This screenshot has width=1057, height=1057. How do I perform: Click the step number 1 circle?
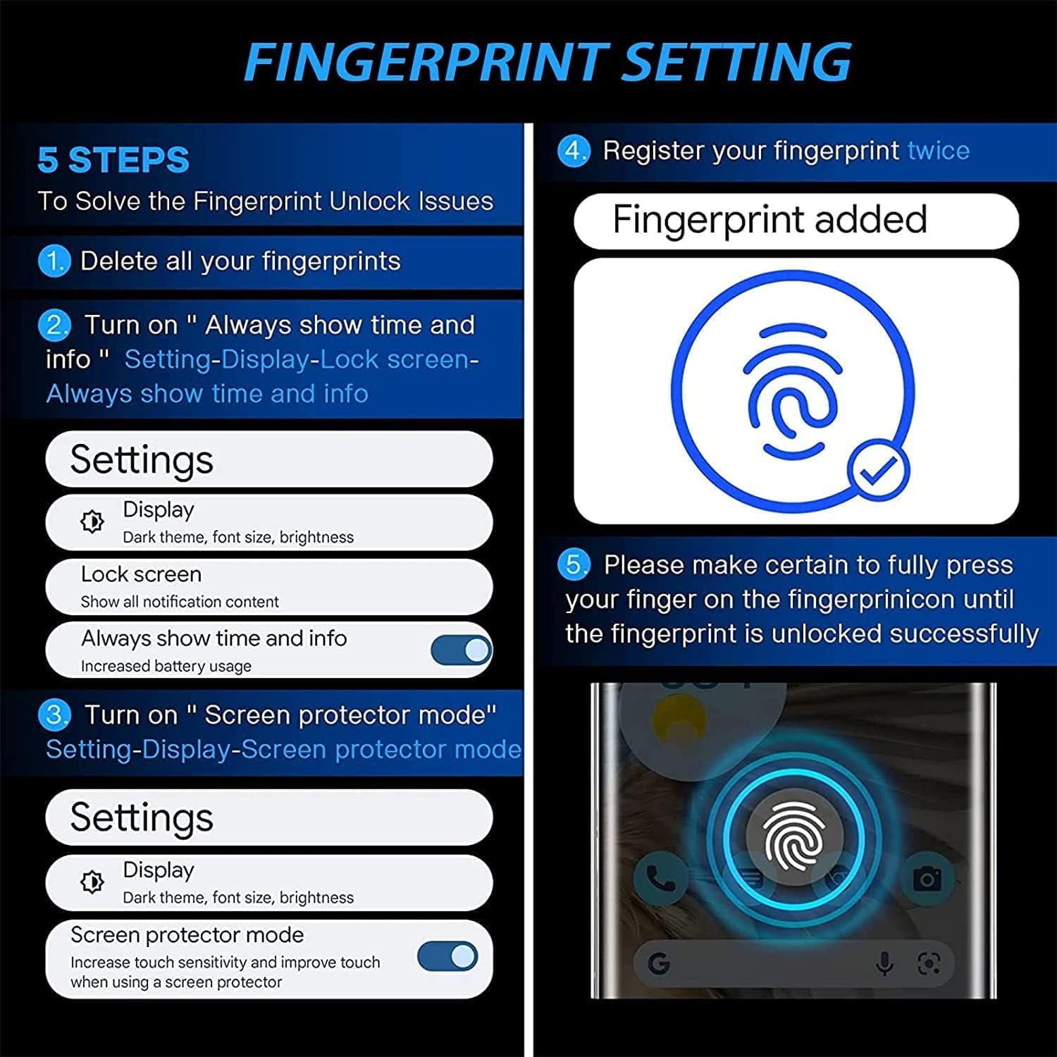click(x=54, y=261)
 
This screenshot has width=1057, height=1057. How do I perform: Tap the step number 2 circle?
click(x=54, y=326)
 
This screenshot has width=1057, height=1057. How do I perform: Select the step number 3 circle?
click(x=54, y=715)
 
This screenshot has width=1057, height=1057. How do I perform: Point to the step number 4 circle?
click(x=574, y=151)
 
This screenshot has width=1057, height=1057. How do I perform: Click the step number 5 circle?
click(x=574, y=564)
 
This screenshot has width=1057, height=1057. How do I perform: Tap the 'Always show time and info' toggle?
click(x=461, y=650)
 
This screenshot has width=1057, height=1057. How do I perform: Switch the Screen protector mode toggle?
click(x=447, y=956)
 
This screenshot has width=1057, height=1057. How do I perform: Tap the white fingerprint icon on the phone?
click(x=794, y=836)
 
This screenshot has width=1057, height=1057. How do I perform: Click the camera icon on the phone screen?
click(x=927, y=879)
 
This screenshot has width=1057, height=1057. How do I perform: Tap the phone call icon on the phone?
click(x=660, y=879)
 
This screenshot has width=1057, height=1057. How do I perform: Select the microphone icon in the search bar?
click(x=885, y=963)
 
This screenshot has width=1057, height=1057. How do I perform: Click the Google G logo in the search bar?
click(x=659, y=963)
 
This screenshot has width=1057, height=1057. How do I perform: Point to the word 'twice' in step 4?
click(x=938, y=151)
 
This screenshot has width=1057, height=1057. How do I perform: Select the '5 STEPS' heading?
click(x=113, y=160)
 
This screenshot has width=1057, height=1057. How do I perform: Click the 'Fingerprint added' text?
click(x=769, y=219)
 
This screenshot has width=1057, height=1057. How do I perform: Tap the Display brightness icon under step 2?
click(x=92, y=522)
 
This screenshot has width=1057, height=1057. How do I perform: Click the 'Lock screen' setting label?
click(x=141, y=574)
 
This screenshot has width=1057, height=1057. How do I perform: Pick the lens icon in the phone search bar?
click(x=929, y=963)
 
